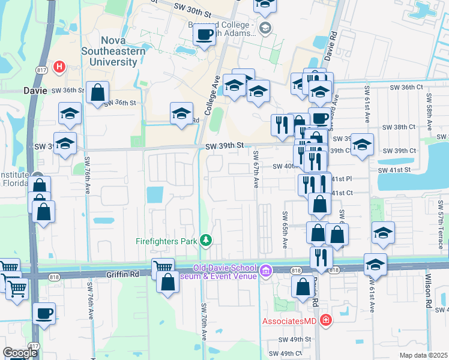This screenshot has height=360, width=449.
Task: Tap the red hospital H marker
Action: point(59,67)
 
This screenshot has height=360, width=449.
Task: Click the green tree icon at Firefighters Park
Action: point(206,241)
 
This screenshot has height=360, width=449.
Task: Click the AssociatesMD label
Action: point(291,321)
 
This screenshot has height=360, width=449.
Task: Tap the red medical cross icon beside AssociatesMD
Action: point(325,321)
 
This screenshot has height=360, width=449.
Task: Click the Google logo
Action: point(20,353)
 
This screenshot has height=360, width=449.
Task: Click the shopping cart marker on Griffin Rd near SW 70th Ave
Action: point(163,268)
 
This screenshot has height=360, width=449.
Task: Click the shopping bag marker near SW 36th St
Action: point(97,93)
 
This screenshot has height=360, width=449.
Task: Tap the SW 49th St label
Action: point(295,339)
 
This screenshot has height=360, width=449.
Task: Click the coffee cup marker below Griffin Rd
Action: point(44,313)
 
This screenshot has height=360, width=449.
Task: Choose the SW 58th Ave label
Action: point(430,111)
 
